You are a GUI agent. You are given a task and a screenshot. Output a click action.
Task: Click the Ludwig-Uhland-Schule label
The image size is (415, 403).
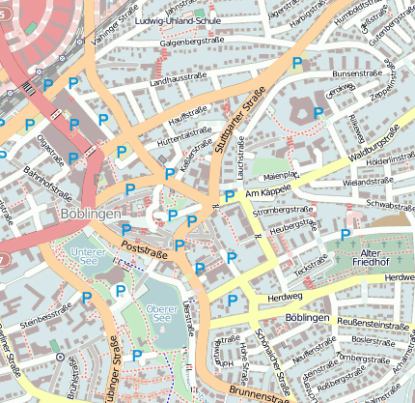180,20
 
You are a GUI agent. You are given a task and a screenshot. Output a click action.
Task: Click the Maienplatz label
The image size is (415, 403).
276,175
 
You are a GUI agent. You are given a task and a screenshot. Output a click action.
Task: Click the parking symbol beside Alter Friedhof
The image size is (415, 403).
346,235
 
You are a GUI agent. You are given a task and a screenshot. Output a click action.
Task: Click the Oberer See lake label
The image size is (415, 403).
158,312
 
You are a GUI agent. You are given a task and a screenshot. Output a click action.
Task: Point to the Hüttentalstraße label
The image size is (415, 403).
184,133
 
